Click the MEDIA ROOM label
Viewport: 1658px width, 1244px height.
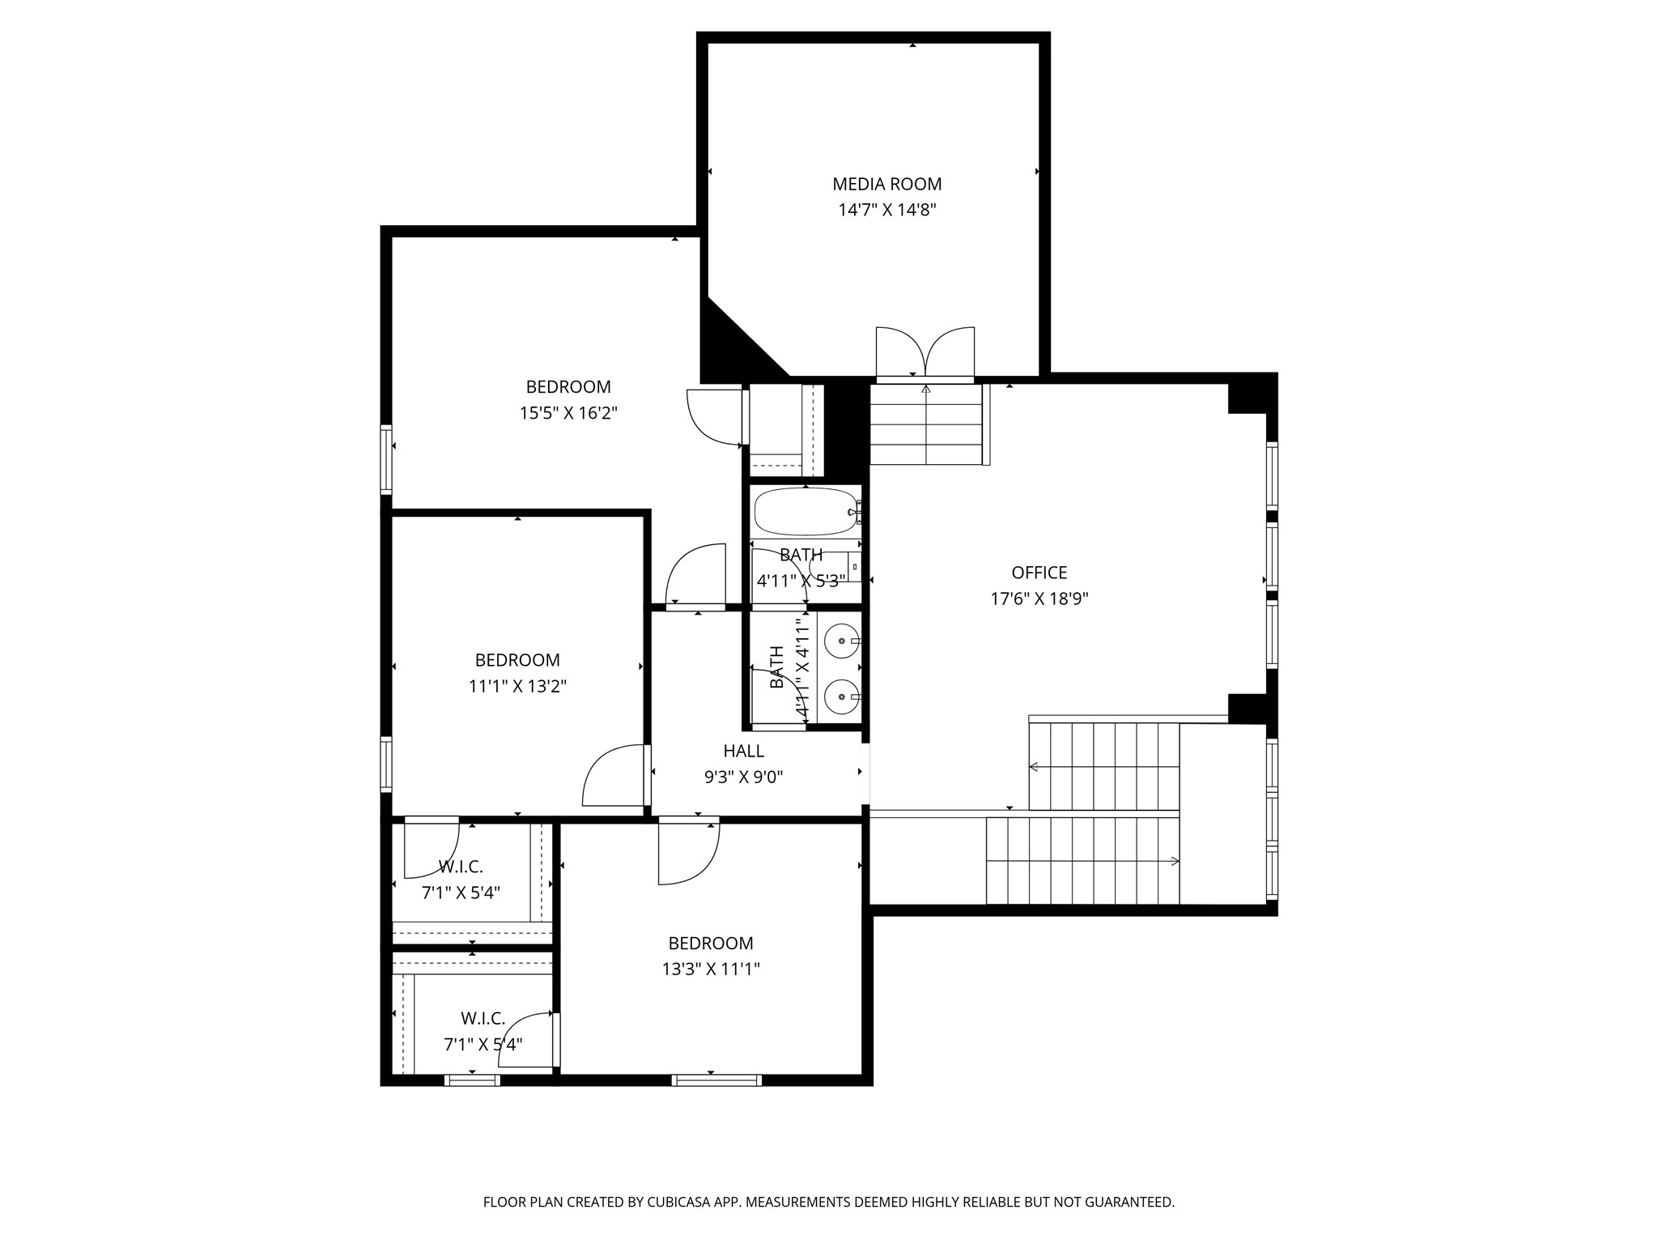(886, 184)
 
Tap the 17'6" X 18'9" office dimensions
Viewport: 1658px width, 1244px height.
(1039, 599)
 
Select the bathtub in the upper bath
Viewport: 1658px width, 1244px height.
(804, 511)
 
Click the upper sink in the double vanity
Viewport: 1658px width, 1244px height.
(841, 641)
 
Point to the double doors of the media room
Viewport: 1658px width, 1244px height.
(925, 353)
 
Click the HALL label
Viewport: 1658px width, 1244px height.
(743, 751)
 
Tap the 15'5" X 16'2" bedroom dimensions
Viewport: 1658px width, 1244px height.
(568, 413)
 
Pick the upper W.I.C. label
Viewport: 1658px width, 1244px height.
(461, 867)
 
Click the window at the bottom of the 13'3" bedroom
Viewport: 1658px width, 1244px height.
(716, 1079)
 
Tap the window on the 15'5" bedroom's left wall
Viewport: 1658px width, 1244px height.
(386, 459)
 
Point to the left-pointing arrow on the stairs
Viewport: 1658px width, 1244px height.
(1034, 766)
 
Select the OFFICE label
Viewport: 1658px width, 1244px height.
(1039, 573)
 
